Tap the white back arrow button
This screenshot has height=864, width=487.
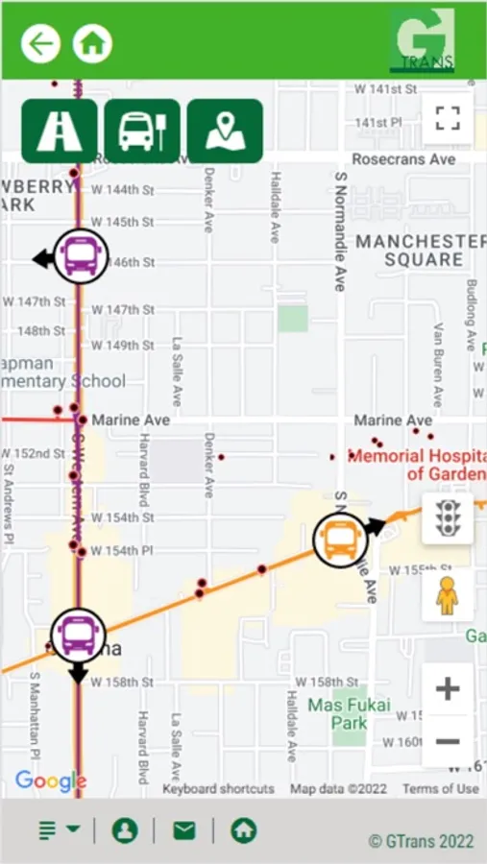(x=41, y=43)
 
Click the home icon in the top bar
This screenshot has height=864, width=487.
(x=92, y=43)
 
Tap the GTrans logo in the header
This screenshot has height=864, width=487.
(x=423, y=41)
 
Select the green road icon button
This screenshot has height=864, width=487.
(x=60, y=132)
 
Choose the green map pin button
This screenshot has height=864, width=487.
(x=225, y=132)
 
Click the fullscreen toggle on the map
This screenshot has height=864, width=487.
(x=448, y=119)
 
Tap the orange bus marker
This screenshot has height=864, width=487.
(x=340, y=540)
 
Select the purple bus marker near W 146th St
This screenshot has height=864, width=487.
(x=81, y=256)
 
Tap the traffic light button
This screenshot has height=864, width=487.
(x=447, y=517)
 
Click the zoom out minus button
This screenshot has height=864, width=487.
(x=448, y=742)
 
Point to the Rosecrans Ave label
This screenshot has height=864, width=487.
(x=403, y=159)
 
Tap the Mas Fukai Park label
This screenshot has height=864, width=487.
(x=350, y=714)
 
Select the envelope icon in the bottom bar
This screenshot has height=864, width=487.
(x=183, y=830)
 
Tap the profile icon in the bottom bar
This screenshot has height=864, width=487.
(x=125, y=830)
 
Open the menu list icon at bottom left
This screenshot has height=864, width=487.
(x=59, y=830)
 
